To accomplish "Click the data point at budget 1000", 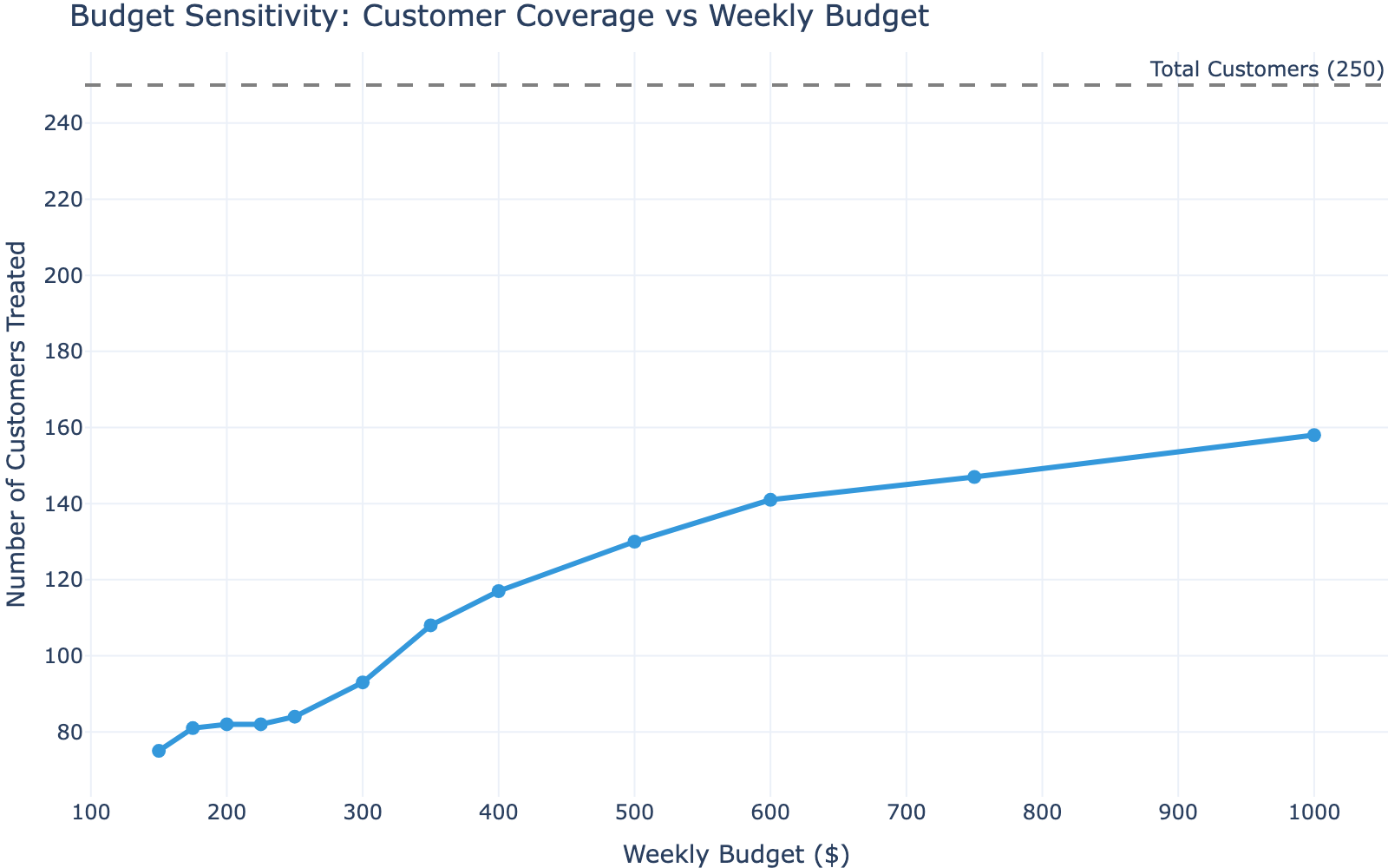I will [1313, 435].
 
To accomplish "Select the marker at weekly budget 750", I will [973, 477].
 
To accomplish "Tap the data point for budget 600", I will [770, 500].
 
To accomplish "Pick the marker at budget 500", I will [634, 542].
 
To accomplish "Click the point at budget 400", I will [498, 591].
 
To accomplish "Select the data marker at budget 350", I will [430, 625].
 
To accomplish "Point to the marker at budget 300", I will [363, 682].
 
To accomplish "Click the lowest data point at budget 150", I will [159, 751].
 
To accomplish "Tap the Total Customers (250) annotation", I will [1266, 70].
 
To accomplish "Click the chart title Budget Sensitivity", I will [499, 16].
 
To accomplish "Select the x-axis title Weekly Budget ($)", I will [736, 854].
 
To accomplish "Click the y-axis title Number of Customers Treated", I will [16, 424].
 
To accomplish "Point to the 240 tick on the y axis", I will [66, 123].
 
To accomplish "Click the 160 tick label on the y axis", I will [66, 428].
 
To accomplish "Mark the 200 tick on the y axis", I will [66, 275].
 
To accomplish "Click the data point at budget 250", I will [294, 717].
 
